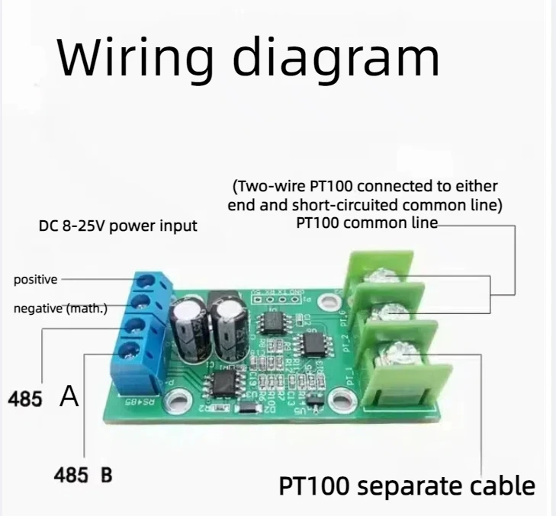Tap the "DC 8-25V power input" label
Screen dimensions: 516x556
[118, 226]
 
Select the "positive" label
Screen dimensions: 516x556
[35, 280]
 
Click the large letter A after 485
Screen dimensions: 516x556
[69, 397]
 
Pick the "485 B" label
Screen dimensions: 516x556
[83, 474]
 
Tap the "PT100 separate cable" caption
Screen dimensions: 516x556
[407, 486]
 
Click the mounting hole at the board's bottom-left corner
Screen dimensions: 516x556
[180, 399]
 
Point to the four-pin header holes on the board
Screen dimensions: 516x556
[284, 299]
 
